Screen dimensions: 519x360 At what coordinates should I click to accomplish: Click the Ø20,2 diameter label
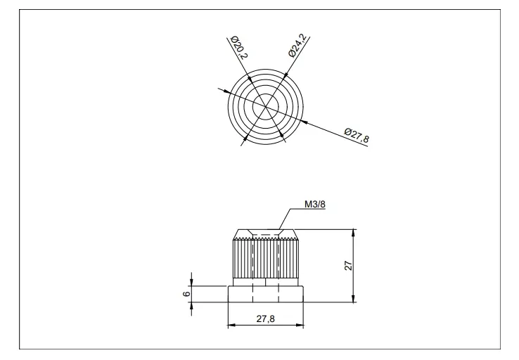point(239,47)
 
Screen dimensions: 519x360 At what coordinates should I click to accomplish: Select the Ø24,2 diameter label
point(297,45)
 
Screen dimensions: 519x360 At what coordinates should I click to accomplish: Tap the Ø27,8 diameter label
point(357,135)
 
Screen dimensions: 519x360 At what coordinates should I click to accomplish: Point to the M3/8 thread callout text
point(315,205)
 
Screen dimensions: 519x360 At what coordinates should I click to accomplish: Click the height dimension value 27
point(349,265)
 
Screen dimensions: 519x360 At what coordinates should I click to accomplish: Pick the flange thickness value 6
point(186,293)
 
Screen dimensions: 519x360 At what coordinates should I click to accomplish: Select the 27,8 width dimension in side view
point(265,319)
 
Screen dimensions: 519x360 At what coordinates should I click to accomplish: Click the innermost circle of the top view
point(265,94)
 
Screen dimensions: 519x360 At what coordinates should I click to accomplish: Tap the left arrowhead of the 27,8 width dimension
point(231,325)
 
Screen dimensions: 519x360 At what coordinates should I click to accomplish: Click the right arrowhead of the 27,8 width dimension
point(300,325)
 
